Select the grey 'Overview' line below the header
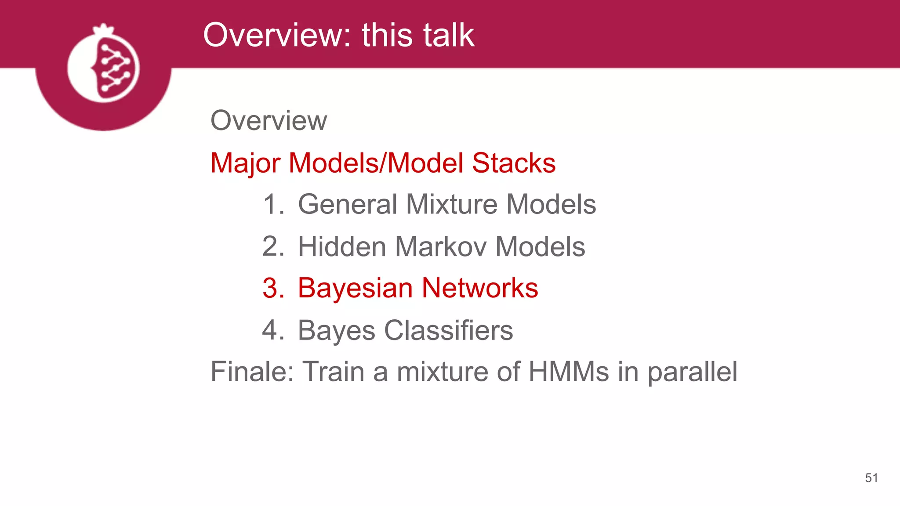coord(269,120)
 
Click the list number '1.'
coord(273,204)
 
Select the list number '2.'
coord(273,246)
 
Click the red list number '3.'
coord(273,289)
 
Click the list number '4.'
coord(273,330)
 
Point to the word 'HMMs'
coord(568,372)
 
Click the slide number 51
coord(871,478)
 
